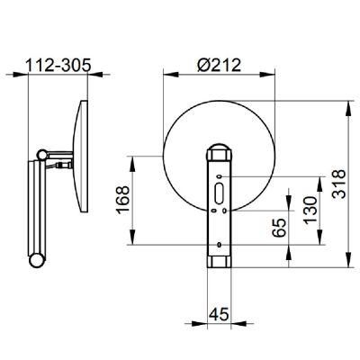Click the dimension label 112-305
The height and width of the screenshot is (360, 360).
click(x=58, y=65)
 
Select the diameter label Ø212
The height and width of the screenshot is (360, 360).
click(x=219, y=65)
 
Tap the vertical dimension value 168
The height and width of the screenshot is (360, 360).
click(x=123, y=200)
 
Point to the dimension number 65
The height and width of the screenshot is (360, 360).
click(x=280, y=228)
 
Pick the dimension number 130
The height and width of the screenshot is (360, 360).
click(x=310, y=211)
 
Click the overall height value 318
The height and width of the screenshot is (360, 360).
click(x=339, y=184)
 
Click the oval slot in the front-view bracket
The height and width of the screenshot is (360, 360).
click(x=219, y=193)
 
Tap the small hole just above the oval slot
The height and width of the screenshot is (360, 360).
click(x=220, y=176)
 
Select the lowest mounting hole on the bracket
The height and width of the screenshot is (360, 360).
click(x=220, y=245)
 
